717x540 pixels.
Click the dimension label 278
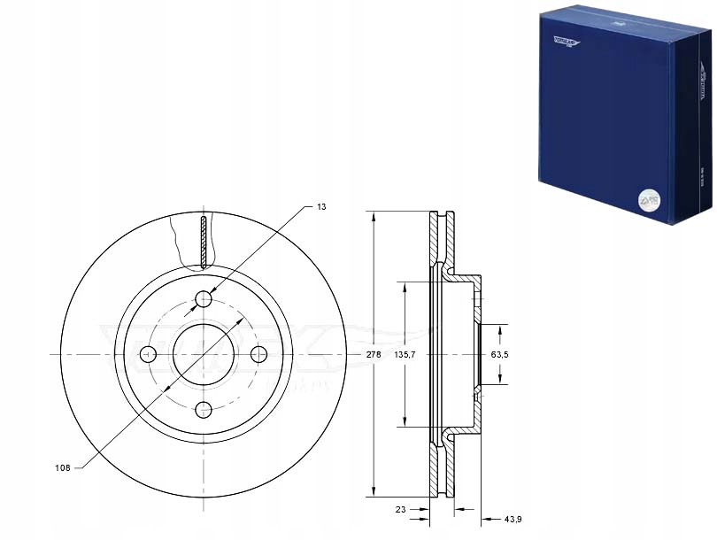(x=374, y=354)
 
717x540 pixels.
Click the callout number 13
(x=321, y=206)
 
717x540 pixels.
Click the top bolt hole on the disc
(x=204, y=299)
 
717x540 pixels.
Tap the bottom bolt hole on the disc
(x=204, y=409)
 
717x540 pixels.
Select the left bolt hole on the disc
(x=149, y=355)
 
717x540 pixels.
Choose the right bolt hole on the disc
(x=258, y=355)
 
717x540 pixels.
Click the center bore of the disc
(x=204, y=354)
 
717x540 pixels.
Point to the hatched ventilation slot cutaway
(x=204, y=242)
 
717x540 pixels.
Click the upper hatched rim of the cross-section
(x=440, y=239)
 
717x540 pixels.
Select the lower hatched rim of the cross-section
(x=440, y=469)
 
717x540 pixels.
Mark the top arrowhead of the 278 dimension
(x=374, y=216)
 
